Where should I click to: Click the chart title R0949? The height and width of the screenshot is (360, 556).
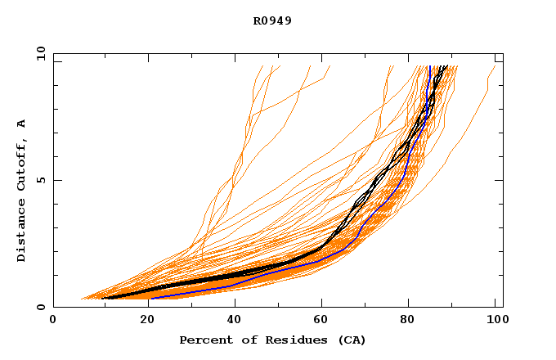click(x=272, y=20)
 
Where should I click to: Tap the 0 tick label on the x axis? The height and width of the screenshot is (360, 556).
click(x=53, y=322)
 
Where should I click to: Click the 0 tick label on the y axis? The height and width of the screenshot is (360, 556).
click(x=41, y=308)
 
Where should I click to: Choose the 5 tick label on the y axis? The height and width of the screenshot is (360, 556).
click(x=41, y=180)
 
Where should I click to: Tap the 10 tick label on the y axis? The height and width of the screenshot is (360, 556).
click(x=38, y=53)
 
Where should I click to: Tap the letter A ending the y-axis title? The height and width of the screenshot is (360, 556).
click(x=21, y=124)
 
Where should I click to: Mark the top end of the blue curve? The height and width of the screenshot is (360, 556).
click(x=428, y=66)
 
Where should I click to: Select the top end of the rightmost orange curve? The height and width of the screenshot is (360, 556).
click(x=495, y=66)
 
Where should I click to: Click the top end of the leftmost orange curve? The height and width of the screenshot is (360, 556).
click(x=262, y=66)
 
